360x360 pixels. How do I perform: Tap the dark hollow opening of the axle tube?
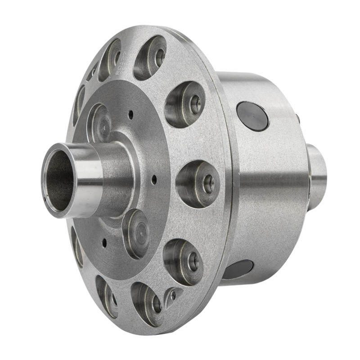[58, 180]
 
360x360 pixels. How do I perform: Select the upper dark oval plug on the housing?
[252, 116]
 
